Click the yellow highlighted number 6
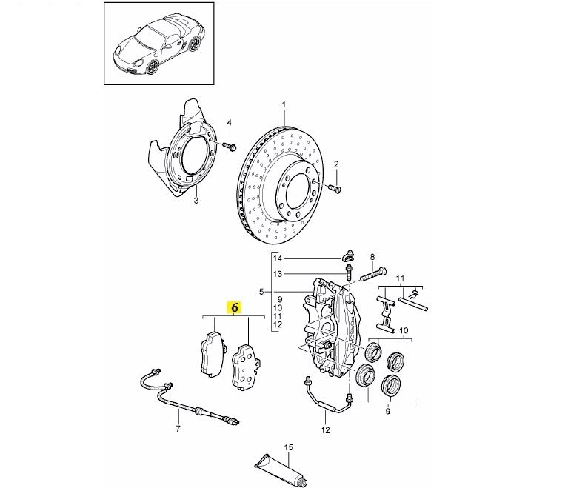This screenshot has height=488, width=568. pyautogui.click(x=235, y=307)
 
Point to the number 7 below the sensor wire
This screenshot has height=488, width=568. pyautogui.click(x=178, y=429)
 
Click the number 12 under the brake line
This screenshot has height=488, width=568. pyautogui.click(x=324, y=429)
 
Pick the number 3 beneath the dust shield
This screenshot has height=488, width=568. pyautogui.click(x=196, y=201)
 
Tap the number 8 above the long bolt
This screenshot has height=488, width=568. pyautogui.click(x=372, y=256)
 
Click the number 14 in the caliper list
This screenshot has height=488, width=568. pyautogui.click(x=277, y=258)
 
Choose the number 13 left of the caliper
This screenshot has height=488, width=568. pyautogui.click(x=277, y=273)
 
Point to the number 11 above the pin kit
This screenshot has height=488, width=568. pyautogui.click(x=401, y=278)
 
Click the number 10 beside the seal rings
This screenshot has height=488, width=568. pyautogui.click(x=404, y=330)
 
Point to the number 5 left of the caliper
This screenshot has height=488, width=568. pyautogui.click(x=261, y=292)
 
